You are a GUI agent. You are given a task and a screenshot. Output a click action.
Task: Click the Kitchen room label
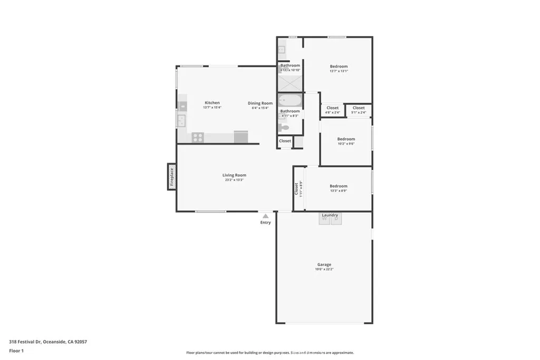[212, 103]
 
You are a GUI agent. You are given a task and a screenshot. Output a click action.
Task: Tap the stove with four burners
[198, 137]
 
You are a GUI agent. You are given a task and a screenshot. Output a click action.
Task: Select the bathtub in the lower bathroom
[290, 100]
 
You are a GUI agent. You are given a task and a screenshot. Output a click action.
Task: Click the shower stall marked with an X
[290, 83]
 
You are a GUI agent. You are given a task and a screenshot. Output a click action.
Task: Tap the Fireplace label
[171, 177]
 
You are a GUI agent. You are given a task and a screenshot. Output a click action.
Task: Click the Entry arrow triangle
[265, 216]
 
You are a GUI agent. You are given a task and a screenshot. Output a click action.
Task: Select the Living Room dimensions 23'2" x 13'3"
[234, 180]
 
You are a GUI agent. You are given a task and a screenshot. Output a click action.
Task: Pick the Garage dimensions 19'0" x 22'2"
[324, 269]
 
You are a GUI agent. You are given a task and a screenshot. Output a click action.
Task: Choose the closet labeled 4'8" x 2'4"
[332, 110]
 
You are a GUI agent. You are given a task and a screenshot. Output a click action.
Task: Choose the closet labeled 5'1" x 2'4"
[359, 110]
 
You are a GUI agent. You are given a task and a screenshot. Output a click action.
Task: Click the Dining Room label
[260, 103]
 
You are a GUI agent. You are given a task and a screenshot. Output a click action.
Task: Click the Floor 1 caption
[16, 351]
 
